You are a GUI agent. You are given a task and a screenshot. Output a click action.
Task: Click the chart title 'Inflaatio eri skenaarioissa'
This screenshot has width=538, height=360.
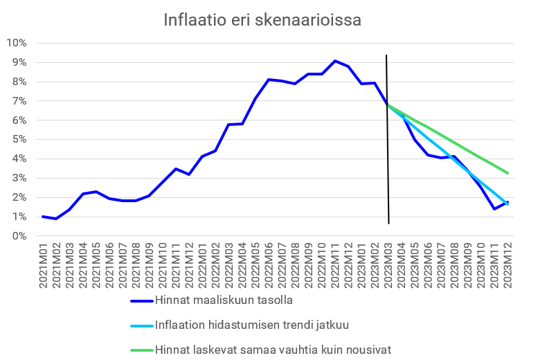pyautogui.click(x=262, y=20)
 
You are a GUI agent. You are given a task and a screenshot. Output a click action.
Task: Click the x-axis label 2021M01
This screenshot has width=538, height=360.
pyautogui.click(x=44, y=266)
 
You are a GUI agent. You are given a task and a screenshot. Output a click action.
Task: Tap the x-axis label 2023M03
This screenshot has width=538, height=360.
pyautogui.click(x=388, y=266)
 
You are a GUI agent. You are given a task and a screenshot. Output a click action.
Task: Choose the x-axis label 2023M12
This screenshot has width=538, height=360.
pyautogui.click(x=508, y=266)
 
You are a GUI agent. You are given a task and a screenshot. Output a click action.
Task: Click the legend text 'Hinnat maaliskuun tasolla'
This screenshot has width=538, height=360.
pyautogui.click(x=224, y=300)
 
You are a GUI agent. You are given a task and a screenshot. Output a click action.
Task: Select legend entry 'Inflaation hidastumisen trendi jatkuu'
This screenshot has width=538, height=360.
pyautogui.click(x=252, y=325)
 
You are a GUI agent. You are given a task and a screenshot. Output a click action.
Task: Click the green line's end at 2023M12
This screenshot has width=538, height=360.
pyautogui.click(x=508, y=172)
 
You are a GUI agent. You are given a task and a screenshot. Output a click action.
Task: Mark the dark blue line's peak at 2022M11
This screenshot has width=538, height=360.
pyautogui.click(x=335, y=61)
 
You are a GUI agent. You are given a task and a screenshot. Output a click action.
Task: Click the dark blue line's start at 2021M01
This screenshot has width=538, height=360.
pyautogui.click(x=44, y=217)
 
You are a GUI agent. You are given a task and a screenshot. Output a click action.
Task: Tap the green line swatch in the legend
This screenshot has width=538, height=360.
pyautogui.click(x=141, y=349)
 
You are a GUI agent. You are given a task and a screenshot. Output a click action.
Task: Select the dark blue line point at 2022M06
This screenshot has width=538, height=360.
pyautogui.click(x=269, y=80)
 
